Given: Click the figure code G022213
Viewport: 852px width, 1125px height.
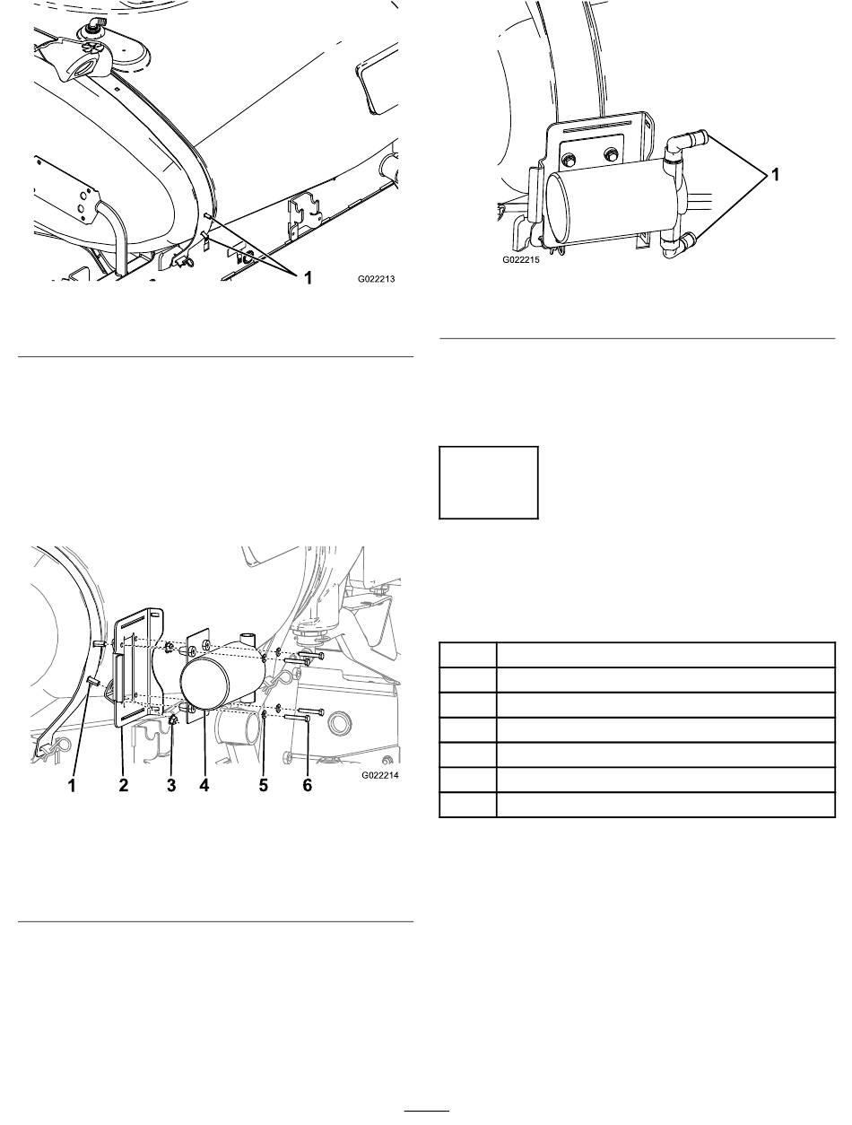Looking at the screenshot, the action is point(376,279).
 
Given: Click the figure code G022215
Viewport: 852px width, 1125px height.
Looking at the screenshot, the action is point(520,260).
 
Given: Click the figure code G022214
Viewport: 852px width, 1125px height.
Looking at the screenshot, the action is point(379,775).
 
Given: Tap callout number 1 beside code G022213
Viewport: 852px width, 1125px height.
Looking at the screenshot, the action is point(308,278).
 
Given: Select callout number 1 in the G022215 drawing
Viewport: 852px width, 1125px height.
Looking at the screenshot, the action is point(775,175).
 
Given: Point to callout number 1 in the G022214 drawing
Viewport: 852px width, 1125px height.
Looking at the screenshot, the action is point(73,785).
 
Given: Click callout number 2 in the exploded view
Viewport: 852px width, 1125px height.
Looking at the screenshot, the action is point(124,785).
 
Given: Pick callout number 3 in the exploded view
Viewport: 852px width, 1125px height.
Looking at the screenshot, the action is point(171,785).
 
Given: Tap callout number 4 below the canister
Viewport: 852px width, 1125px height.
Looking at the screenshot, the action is point(204,785).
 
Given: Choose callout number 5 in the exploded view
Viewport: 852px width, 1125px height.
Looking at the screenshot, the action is point(263,785).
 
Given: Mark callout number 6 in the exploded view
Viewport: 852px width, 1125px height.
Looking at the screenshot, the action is point(307,785).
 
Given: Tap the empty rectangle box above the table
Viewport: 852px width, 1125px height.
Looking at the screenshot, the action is point(488,483).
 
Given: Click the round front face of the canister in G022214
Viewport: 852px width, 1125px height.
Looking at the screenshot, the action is point(204,685).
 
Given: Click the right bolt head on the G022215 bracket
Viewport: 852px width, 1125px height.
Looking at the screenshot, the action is point(610,154).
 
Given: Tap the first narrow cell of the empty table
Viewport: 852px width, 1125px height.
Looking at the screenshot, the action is point(467,655).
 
